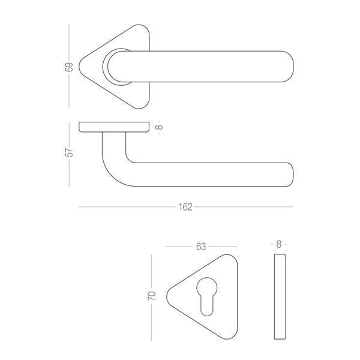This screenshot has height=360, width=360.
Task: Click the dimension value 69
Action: (x=68, y=67)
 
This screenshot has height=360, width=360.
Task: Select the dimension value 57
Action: (x=68, y=152)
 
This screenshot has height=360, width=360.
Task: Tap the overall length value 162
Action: (x=185, y=207)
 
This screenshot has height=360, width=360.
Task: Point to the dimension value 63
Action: (x=201, y=247)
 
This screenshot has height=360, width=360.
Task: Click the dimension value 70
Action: (x=152, y=296)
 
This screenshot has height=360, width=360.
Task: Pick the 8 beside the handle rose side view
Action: (x=159, y=127)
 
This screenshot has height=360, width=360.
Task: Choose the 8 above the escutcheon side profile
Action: (x=279, y=244)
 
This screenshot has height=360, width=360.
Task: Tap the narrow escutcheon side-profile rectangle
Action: (x=280, y=296)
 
